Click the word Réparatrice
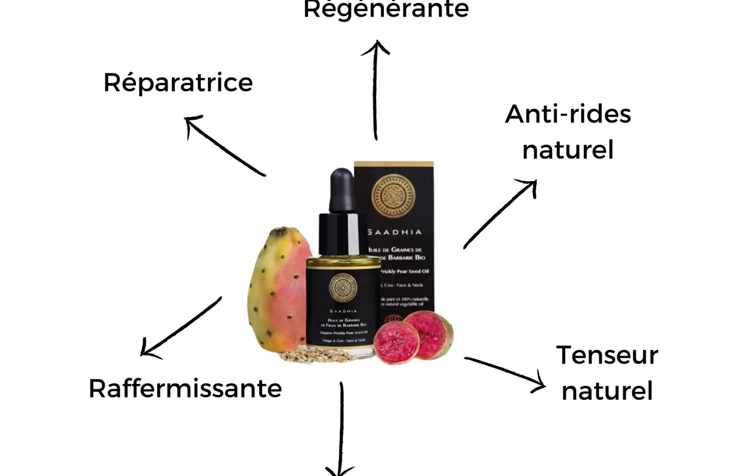click(178, 83)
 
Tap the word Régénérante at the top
click(386, 10)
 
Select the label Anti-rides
click(568, 114)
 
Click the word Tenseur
click(607, 355)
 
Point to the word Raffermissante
click(185, 389)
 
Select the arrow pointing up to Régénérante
click(375, 90)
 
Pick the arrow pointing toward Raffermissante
click(180, 327)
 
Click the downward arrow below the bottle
click(341, 433)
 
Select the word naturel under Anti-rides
click(568, 150)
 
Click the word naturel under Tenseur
click(607, 391)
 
